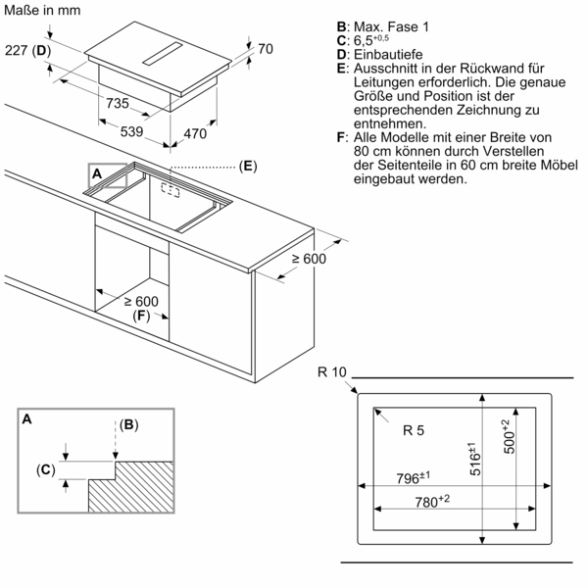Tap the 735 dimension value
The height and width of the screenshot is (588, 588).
click(x=118, y=103)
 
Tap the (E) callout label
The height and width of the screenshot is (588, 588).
click(x=247, y=166)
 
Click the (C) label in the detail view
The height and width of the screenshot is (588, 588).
click(x=46, y=470)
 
